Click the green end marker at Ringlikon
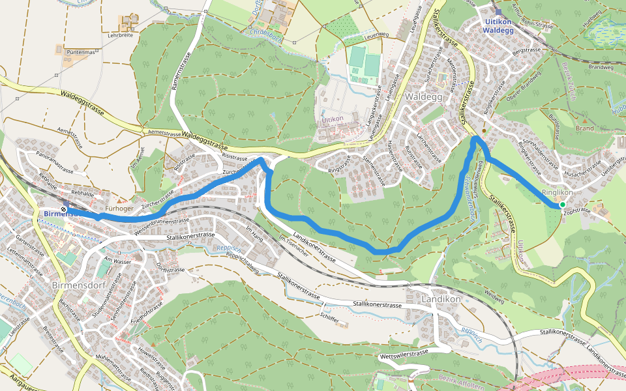click(x=562, y=205)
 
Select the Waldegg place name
click(x=423, y=96)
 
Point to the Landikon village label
click(x=441, y=299)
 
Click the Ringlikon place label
click(x=557, y=193)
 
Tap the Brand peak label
click(x=584, y=128)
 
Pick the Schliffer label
click(x=329, y=319)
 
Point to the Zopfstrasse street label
click(x=576, y=210)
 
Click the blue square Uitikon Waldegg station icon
click(x=499, y=12)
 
